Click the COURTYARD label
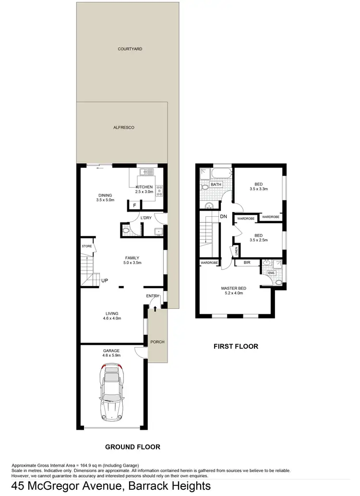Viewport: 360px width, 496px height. (x=130, y=49)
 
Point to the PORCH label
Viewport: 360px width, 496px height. (x=157, y=342)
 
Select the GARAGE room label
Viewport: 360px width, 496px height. (x=110, y=351)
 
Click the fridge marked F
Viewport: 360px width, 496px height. (x=134, y=205)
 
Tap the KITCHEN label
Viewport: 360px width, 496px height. (x=144, y=187)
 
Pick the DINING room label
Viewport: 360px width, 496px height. (x=105, y=195)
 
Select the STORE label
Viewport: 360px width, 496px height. (x=86, y=246)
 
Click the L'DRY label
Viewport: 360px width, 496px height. (x=146, y=218)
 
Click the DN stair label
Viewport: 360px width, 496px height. (x=223, y=217)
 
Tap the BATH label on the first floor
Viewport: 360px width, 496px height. (x=216, y=184)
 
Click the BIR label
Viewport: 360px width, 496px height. (x=247, y=263)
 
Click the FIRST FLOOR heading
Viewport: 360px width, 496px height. (x=236, y=346)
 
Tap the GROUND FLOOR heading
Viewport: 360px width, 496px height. (x=132, y=447)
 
